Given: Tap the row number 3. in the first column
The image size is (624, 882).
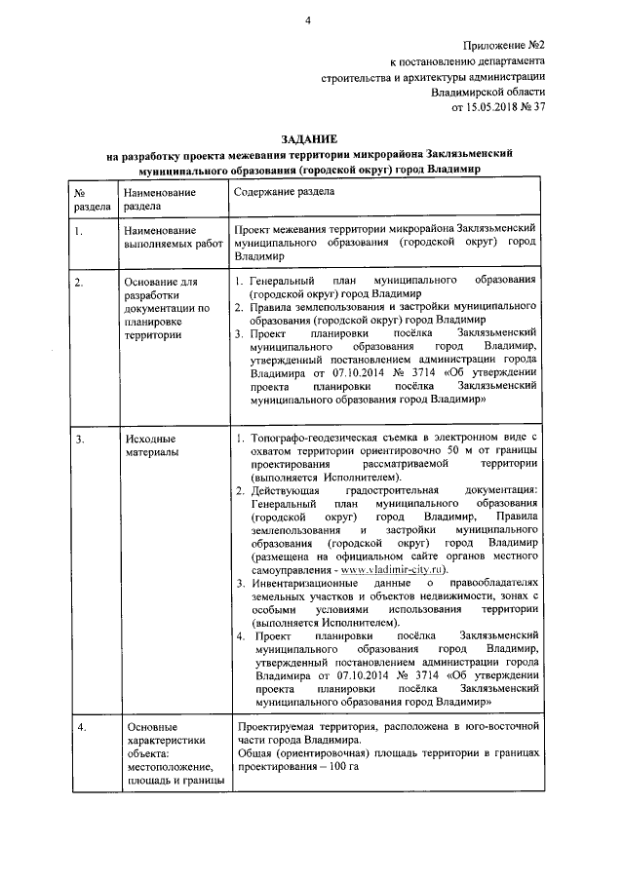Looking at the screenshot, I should point(79,439).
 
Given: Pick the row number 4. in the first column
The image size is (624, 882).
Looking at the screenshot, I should point(79,727).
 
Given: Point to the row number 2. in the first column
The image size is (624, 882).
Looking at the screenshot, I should point(79,283).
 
